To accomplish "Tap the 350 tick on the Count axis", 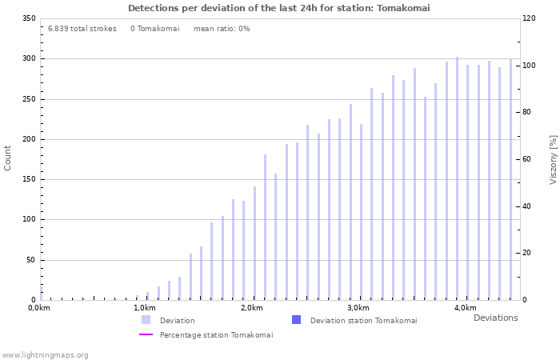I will [x=28, y=18].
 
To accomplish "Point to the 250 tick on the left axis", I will [x=28, y=99].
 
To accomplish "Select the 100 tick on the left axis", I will [x=28, y=219].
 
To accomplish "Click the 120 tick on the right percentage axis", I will [x=530, y=18].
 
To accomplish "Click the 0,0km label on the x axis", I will [x=40, y=308].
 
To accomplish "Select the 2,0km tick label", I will [x=252, y=308].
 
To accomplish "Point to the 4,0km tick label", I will [x=465, y=308].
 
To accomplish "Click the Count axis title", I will [x=8, y=158].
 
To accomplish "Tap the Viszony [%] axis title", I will [x=552, y=159].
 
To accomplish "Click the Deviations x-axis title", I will [x=495, y=318].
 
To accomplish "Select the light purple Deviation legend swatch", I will [x=146, y=320].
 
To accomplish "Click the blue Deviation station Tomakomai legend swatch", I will [x=296, y=320].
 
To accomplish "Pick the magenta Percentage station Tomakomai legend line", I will [x=146, y=334].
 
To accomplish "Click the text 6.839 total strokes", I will [x=82, y=28].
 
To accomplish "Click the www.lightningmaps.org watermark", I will [x=46, y=354].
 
